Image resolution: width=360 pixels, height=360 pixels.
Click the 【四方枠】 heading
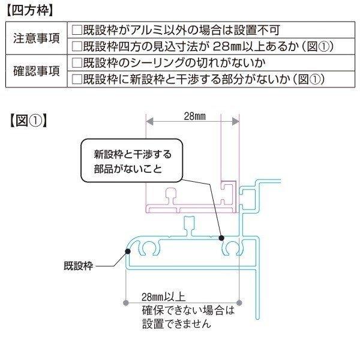tap(29, 11)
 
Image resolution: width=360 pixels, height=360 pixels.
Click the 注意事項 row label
tap(37, 38)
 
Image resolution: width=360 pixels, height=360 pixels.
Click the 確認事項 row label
tap(37, 71)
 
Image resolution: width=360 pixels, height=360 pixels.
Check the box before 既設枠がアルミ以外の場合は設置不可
tap(77, 30)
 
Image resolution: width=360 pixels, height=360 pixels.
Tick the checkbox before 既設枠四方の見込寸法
tap(77, 46)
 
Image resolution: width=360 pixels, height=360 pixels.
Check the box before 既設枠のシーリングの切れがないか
tap(77, 63)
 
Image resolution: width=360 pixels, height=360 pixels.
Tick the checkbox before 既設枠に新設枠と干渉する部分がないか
tap(77, 79)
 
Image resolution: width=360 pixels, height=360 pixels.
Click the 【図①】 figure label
tap(28, 121)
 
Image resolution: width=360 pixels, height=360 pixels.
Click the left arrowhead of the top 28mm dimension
tap(149, 121)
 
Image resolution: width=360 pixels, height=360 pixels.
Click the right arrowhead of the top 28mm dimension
tap(236, 121)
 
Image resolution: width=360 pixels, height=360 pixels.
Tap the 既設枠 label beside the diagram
tap(78, 266)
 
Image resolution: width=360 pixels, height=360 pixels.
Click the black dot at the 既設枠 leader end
tap(128, 251)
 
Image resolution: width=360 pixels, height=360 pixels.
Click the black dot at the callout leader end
tap(221, 238)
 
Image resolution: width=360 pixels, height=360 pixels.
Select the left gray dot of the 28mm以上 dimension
tap(126, 303)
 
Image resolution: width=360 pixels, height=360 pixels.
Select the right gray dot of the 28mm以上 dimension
tap(239, 303)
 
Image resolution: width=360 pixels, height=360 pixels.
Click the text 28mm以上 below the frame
tap(163, 297)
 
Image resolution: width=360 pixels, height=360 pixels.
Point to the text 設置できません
tap(176, 324)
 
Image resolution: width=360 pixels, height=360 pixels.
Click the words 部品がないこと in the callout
tap(128, 169)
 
